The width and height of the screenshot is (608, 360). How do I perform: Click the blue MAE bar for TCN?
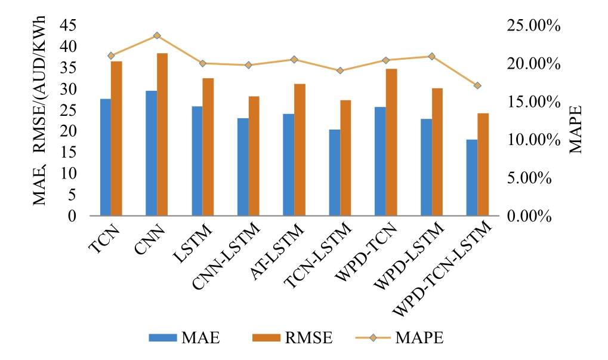(105, 157)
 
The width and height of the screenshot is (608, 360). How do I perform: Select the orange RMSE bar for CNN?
(162, 134)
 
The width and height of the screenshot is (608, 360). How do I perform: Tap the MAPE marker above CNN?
(157, 36)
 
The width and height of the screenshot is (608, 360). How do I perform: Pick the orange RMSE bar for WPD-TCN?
(391, 142)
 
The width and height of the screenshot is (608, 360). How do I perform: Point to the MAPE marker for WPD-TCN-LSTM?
(477, 85)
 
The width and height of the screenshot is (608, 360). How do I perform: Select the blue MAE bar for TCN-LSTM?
(334, 173)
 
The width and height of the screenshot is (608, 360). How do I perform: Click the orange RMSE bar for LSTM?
(208, 147)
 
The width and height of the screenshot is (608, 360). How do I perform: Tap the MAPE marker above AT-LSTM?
(294, 59)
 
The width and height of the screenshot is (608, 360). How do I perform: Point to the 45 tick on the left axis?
(72, 26)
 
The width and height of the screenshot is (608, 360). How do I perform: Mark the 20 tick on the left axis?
(72, 131)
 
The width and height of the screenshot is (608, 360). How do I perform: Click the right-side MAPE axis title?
(575, 130)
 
